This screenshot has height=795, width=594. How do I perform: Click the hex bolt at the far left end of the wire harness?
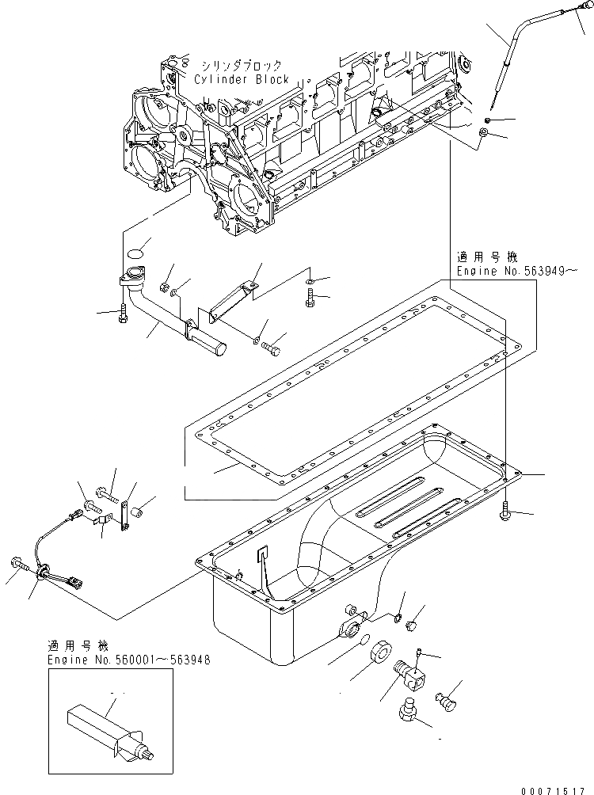[18, 563]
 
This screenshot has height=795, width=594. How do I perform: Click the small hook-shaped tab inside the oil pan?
[262, 557]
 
